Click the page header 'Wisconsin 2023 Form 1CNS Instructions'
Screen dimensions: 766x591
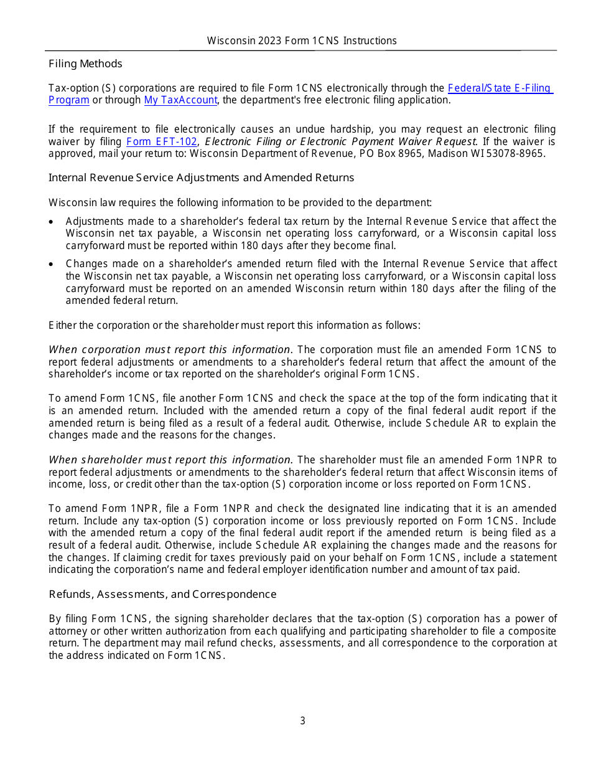coord(302,40)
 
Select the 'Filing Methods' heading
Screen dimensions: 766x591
coord(85,64)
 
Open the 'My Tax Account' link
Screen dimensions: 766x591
coord(180,100)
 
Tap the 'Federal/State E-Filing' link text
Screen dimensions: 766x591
coord(500,88)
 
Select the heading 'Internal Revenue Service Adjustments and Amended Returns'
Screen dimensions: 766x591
coord(201,177)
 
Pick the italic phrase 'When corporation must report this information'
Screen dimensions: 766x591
coord(169,349)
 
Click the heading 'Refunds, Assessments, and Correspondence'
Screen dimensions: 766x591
coord(162,594)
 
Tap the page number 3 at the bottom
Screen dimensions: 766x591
coord(302,721)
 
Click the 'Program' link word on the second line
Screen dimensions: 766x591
coord(69,100)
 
